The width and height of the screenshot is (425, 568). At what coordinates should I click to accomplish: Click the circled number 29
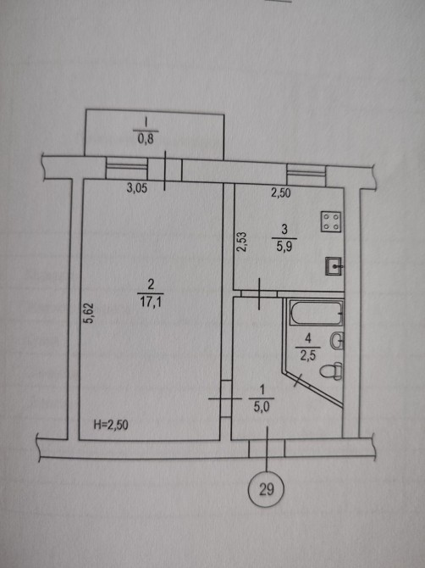point(266,489)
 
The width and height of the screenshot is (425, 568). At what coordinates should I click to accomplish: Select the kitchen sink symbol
point(334,266)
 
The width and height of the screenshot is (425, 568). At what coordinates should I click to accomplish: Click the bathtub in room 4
point(315,313)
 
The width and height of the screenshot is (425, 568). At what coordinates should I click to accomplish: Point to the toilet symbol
point(331,371)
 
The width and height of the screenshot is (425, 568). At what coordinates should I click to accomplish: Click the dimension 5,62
point(88,313)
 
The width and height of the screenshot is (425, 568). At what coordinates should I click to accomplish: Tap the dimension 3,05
point(136,188)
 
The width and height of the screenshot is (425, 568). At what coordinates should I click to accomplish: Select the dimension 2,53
point(241,242)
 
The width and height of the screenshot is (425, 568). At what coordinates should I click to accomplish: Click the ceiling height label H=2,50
point(111,425)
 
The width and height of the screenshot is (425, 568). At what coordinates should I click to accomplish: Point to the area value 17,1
point(151,302)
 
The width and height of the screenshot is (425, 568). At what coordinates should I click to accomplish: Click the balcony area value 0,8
point(146,138)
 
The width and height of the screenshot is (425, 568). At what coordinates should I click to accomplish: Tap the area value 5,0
point(261,408)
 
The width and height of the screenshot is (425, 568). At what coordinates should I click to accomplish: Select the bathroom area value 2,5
point(308,355)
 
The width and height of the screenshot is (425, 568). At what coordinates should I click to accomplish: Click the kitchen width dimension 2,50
point(281,192)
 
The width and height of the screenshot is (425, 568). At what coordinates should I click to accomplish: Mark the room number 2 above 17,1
point(151,284)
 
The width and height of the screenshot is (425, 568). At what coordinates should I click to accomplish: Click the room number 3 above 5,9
point(284,229)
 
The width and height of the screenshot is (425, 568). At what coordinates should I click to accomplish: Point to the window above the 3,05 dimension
point(127,168)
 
